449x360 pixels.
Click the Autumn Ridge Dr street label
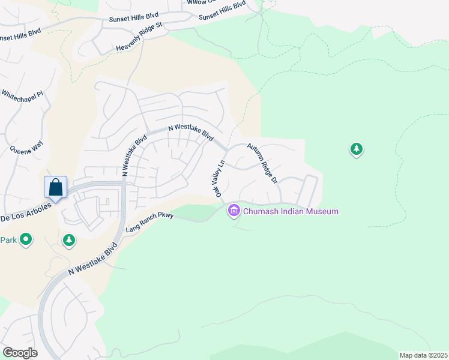tap(262, 163)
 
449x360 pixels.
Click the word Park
tap(8, 240)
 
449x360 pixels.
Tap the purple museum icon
tap(234, 211)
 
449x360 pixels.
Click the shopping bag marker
tap(55, 187)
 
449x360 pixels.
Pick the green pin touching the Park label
tap(26, 240)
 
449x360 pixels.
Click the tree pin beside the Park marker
tap(69, 241)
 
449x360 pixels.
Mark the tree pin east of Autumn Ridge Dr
tap(357, 149)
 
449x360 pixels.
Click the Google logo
tap(20, 353)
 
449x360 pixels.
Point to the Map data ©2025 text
tap(423, 355)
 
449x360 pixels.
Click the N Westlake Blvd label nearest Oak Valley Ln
tap(191, 132)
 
